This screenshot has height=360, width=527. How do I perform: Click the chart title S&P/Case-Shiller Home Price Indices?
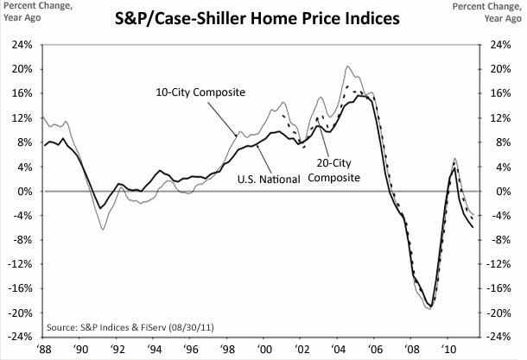(x=263, y=16)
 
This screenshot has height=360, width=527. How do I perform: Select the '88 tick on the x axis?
(x=43, y=349)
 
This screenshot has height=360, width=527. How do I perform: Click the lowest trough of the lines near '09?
(x=429, y=307)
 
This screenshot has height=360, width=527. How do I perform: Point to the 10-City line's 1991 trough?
(x=103, y=229)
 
